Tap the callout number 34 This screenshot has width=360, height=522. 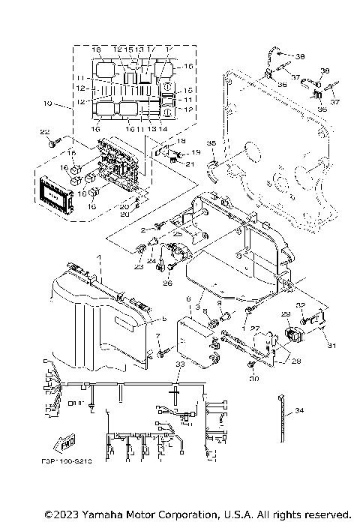[300, 411]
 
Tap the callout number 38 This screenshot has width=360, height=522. [300, 56]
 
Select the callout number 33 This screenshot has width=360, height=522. [179, 364]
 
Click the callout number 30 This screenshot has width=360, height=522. [253, 379]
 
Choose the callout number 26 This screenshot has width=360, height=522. [167, 283]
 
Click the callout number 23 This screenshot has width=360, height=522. [137, 266]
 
